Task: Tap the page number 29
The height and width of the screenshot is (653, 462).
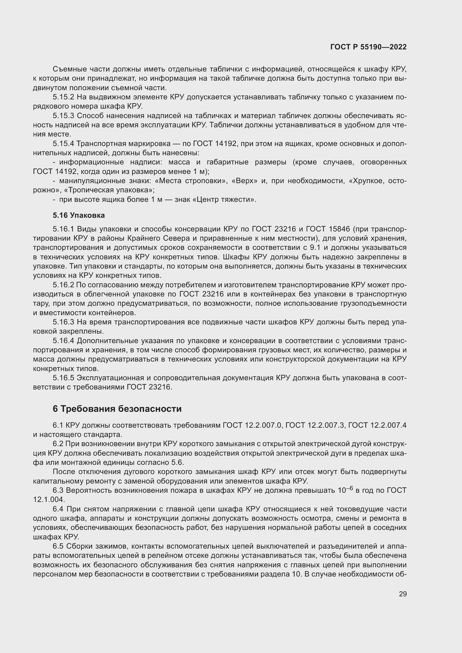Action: (403, 594)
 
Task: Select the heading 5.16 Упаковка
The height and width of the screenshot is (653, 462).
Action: (78, 215)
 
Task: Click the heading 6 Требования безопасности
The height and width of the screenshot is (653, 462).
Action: (117, 409)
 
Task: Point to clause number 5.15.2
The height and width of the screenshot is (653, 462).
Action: (63, 97)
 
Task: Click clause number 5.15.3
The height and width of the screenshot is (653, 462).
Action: (63, 116)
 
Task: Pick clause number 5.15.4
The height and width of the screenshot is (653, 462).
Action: (63, 143)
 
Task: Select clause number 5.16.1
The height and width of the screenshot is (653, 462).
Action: (63, 229)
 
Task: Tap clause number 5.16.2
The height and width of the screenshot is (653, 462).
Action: (63, 285)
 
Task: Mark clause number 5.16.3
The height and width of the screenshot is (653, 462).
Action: (63, 322)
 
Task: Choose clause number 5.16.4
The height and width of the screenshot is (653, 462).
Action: (63, 341)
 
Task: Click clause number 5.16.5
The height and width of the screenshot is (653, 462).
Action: (63, 378)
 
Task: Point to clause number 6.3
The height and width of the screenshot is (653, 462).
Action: (58, 490)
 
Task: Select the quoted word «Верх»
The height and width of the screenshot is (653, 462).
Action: (245, 181)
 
